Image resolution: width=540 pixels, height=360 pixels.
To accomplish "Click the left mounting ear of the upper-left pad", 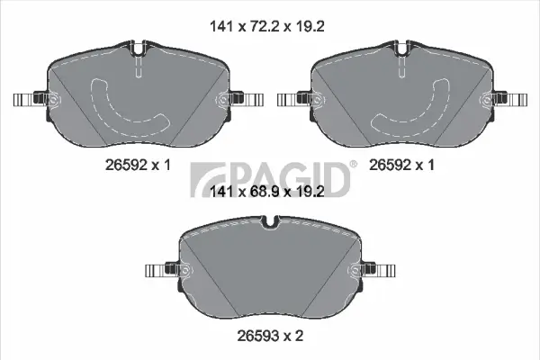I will (x=27, y=99).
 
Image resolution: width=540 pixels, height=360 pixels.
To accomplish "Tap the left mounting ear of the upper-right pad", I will (x=292, y=99).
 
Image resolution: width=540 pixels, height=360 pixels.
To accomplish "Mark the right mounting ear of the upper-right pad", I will (x=509, y=99).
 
